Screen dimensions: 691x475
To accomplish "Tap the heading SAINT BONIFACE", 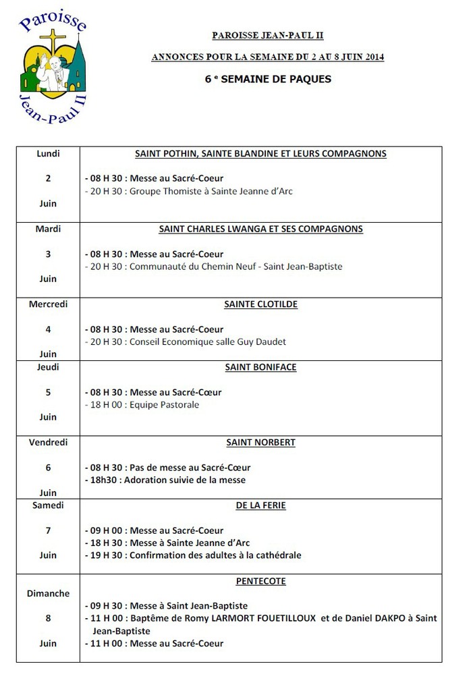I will (260, 367).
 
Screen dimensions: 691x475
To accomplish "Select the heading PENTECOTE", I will (260, 580).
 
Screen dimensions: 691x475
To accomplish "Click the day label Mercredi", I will (48, 304).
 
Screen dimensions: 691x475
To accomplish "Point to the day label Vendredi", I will (48, 443).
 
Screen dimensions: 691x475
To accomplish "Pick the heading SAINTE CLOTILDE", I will (260, 304).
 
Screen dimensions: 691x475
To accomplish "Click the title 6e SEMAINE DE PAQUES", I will (268, 79).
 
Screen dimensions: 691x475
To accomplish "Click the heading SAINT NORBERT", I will (260, 443).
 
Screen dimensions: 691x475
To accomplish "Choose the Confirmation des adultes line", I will (193, 555).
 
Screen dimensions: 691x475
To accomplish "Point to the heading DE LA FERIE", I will (260, 505).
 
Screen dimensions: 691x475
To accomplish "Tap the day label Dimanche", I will (48, 594).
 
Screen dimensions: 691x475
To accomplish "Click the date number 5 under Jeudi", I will (48, 392).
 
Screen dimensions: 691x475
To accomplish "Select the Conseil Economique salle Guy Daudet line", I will (186, 342).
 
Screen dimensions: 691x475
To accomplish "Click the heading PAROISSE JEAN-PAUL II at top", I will (268, 35).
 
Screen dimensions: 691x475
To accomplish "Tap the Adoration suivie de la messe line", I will (166, 480).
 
